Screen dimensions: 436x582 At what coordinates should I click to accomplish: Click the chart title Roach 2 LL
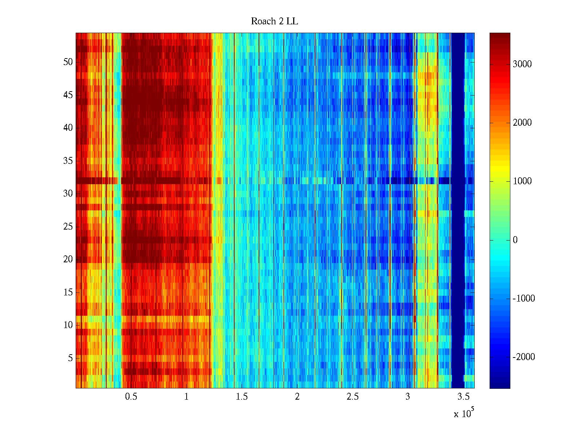[274, 21]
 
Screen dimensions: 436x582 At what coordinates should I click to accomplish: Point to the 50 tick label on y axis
[68, 62]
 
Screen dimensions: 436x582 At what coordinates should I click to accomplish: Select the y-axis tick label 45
[68, 95]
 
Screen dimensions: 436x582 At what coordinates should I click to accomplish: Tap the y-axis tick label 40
[68, 128]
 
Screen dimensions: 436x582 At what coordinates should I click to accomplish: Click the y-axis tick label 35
[68, 161]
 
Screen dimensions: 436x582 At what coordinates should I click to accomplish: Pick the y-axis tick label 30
[68, 194]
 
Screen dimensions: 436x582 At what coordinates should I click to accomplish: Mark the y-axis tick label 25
[68, 227]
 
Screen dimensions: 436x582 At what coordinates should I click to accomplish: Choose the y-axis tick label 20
[68, 259]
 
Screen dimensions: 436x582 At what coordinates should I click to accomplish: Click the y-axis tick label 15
[68, 292]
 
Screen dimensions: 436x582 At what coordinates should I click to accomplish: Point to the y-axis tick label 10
[68, 325]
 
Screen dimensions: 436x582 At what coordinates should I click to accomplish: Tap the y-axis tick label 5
[70, 358]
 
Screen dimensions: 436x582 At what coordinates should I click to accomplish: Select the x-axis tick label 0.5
[131, 397]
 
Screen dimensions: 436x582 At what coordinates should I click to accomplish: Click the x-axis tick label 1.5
[242, 397]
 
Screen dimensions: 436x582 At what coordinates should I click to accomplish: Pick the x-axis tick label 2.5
[352, 397]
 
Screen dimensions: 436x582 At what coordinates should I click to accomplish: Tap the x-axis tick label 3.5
[463, 397]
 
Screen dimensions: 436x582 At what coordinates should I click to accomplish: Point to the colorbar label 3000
[522, 64]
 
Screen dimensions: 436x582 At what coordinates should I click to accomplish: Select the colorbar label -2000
[524, 357]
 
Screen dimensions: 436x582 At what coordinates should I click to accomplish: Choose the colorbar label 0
[515, 240]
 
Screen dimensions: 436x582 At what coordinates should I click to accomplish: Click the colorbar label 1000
[522, 181]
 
